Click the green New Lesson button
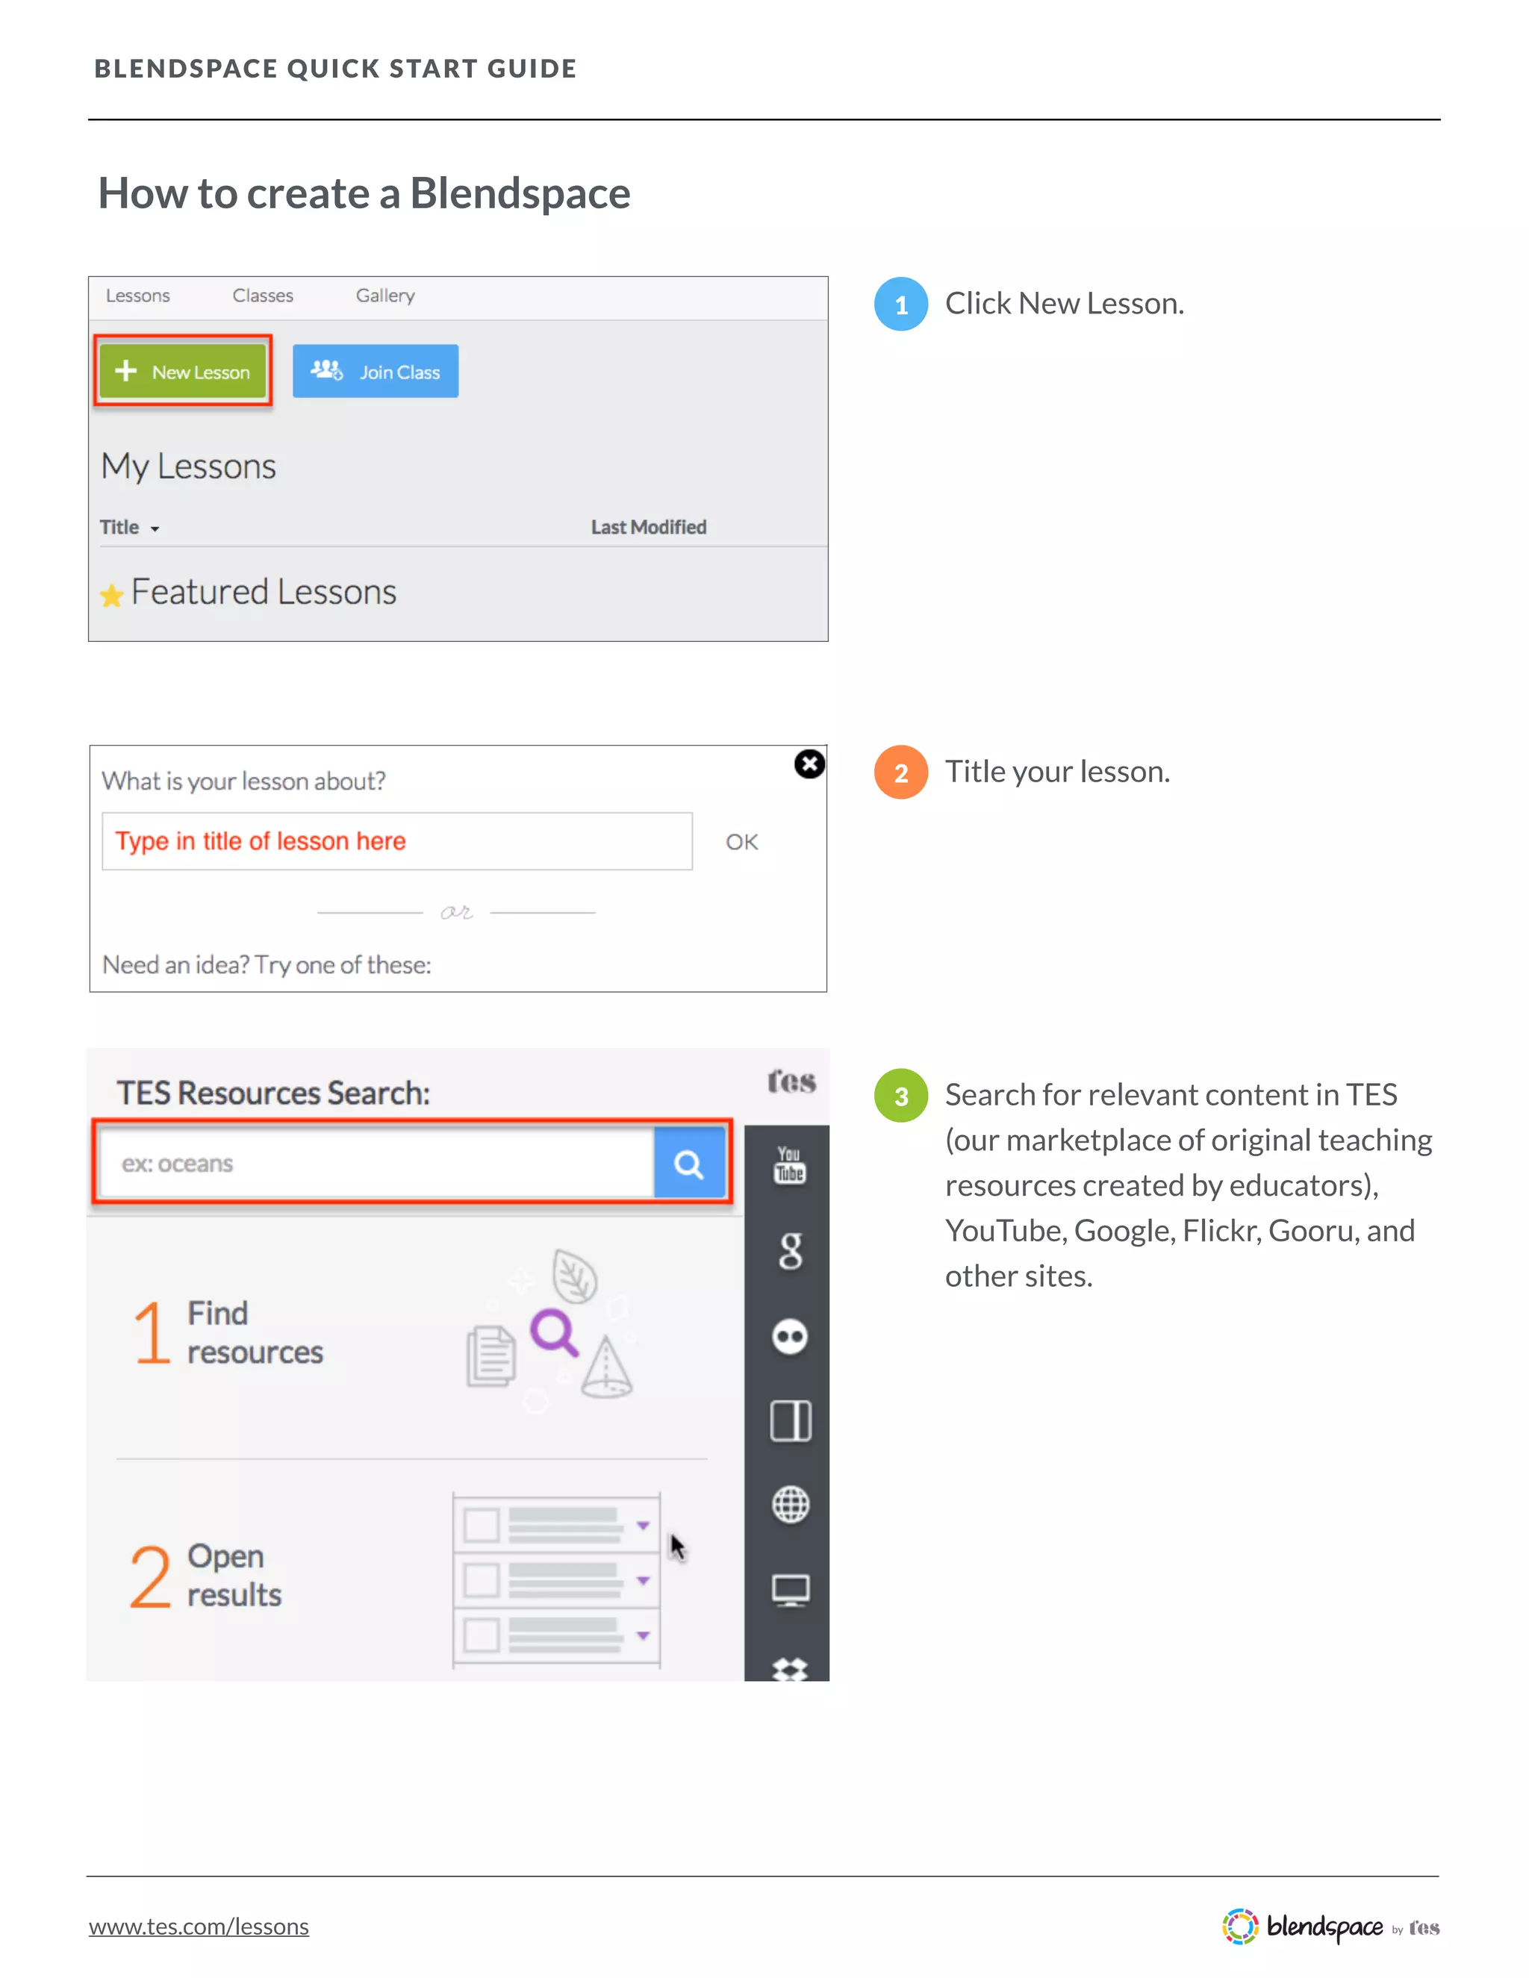(183, 371)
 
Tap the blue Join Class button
(375, 371)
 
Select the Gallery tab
(385, 296)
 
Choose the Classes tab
(263, 296)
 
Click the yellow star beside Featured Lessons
(111, 596)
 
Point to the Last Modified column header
(649, 527)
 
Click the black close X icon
(809, 764)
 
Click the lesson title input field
(396, 841)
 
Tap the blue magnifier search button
(689, 1164)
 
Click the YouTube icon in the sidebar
(790, 1164)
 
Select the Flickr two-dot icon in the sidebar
(790, 1337)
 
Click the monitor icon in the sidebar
(790, 1589)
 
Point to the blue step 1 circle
(900, 305)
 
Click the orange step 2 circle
(900, 773)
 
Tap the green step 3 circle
(900, 1096)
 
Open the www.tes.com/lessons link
(199, 1926)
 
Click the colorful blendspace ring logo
(1240, 1926)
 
